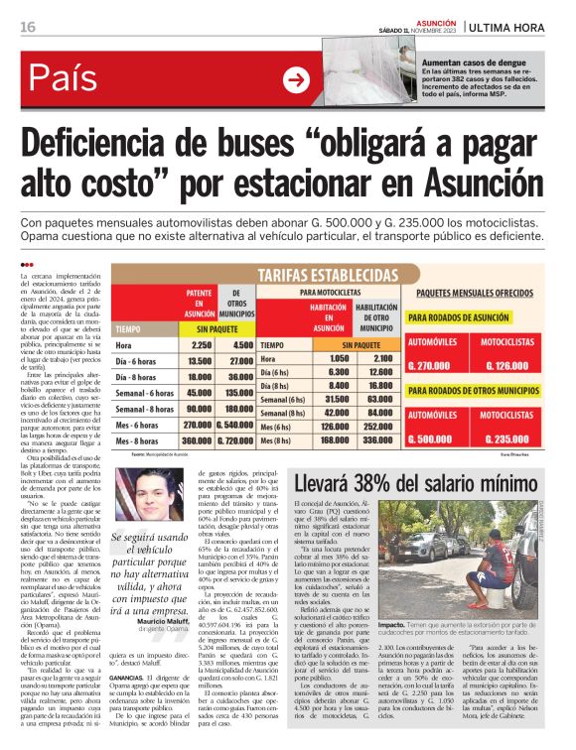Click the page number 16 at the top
(x=28, y=27)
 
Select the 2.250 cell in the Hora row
(x=200, y=345)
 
